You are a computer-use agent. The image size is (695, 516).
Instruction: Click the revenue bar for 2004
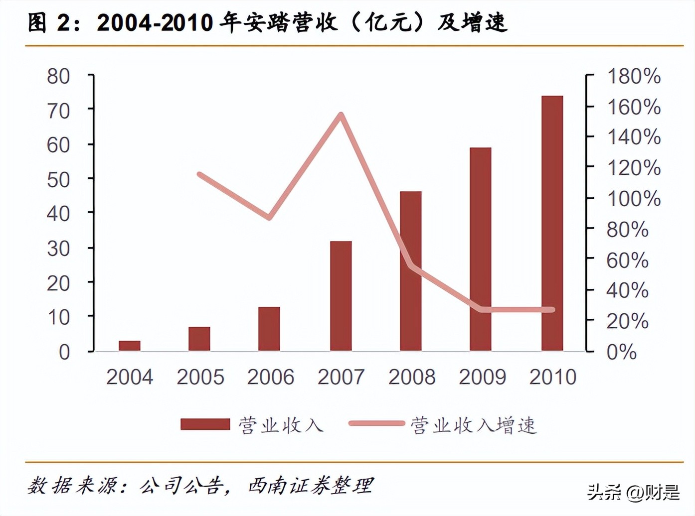[x=130, y=346]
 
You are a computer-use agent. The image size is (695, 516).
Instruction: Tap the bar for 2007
[x=341, y=296]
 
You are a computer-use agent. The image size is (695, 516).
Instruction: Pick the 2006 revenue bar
[x=269, y=329]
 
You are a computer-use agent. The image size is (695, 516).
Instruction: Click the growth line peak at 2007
[x=341, y=115]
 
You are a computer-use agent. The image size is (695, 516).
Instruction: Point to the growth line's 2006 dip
[x=269, y=217]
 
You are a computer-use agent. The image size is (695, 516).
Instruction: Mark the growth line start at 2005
[x=199, y=174]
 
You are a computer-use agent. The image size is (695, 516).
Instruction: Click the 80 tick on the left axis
[x=58, y=76]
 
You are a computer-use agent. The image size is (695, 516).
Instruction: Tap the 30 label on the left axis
[x=58, y=248]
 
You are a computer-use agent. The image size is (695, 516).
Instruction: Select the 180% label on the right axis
[x=633, y=76]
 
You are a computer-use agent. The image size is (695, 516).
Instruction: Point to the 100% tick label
[x=633, y=199]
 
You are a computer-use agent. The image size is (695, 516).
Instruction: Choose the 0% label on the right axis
[x=621, y=352]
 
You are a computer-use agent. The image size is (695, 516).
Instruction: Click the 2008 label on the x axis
[x=412, y=377]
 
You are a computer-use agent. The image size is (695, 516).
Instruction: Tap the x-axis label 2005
[x=200, y=377]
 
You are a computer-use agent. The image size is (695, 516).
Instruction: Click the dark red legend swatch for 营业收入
[x=205, y=424]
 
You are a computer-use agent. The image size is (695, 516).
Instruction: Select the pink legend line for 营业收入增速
[x=376, y=424]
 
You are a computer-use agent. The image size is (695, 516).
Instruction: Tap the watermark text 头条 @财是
[x=633, y=492]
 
